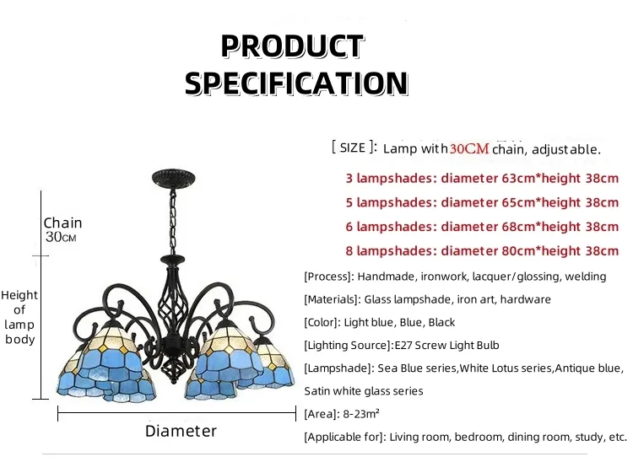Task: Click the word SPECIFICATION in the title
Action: pyautogui.click(x=296, y=83)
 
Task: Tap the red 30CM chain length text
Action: pyautogui.click(x=468, y=149)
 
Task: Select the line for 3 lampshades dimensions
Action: pyautogui.click(x=482, y=178)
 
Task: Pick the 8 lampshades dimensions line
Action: pyautogui.click(x=482, y=250)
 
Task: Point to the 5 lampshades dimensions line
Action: pyautogui.click(x=482, y=202)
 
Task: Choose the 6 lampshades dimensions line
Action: pyautogui.click(x=482, y=226)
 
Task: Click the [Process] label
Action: pyautogui.click(x=327, y=277)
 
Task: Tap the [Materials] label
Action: pyautogui.click(x=333, y=299)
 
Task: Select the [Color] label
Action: pyautogui.click(x=322, y=322)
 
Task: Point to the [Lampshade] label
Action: pyautogui.click(x=336, y=368)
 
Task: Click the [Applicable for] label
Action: pyautogui.click(x=344, y=437)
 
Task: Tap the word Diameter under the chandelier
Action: pyautogui.click(x=181, y=431)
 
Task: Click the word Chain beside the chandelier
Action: pyautogui.click(x=63, y=223)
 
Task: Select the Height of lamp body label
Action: pyautogui.click(x=19, y=317)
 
